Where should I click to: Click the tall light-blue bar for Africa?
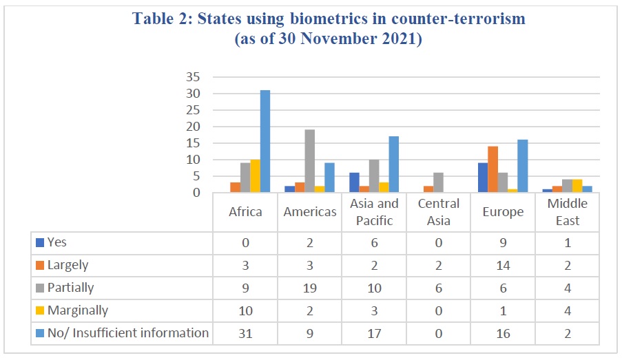click(x=265, y=142)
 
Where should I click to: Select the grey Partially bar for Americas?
click(x=310, y=161)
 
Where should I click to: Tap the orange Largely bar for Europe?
click(x=493, y=169)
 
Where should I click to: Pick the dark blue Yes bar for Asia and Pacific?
click(x=354, y=183)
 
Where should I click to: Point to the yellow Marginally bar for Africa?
click(x=255, y=176)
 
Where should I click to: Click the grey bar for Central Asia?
click(x=438, y=183)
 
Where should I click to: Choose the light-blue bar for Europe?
click(x=523, y=166)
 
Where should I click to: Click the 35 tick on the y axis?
click(x=193, y=77)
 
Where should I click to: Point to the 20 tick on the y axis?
click(x=193, y=127)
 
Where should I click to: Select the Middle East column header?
click(x=568, y=212)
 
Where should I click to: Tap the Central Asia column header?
click(x=438, y=212)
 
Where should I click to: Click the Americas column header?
click(x=310, y=212)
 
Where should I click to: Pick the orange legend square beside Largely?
click(x=40, y=265)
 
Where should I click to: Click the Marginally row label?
click(x=78, y=310)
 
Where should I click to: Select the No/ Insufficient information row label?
click(x=128, y=333)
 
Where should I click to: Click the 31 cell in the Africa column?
click(x=245, y=333)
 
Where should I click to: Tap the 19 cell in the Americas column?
click(x=310, y=288)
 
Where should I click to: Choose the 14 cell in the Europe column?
click(x=503, y=266)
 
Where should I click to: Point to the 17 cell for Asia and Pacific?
click(x=374, y=333)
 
